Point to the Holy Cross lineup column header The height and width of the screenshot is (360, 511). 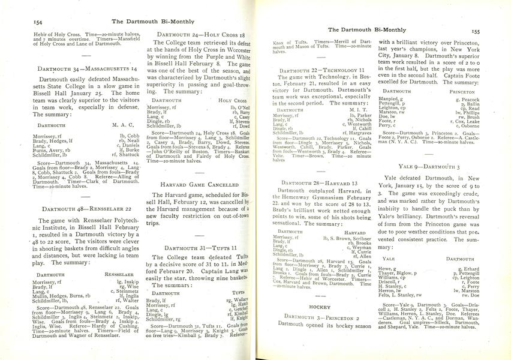[x=233, y=100]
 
